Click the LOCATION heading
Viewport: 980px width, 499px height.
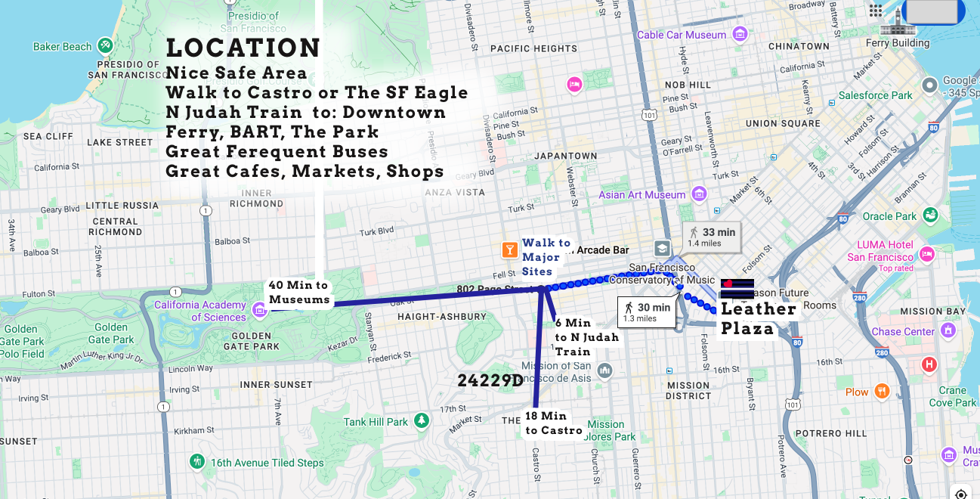coord(243,48)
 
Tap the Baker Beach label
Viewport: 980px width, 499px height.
coord(62,47)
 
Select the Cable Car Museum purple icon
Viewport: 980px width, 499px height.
coord(740,34)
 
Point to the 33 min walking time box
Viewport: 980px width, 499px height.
coord(712,237)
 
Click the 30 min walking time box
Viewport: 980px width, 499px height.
coord(647,311)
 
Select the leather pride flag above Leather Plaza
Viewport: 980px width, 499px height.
coord(737,288)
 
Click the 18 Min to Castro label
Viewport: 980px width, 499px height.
coord(554,423)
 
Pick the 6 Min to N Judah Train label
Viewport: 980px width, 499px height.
coord(586,337)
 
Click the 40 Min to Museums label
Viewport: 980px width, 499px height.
coord(298,293)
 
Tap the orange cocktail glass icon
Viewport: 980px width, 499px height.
coord(509,249)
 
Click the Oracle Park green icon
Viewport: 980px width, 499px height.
coord(930,215)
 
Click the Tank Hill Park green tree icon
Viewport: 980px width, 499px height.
coord(421,420)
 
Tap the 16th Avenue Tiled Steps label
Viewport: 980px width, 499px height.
coord(267,463)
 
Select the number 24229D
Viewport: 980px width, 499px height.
coord(490,380)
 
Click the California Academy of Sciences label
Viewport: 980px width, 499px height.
coord(200,311)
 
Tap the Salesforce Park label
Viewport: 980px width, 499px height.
coord(875,95)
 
